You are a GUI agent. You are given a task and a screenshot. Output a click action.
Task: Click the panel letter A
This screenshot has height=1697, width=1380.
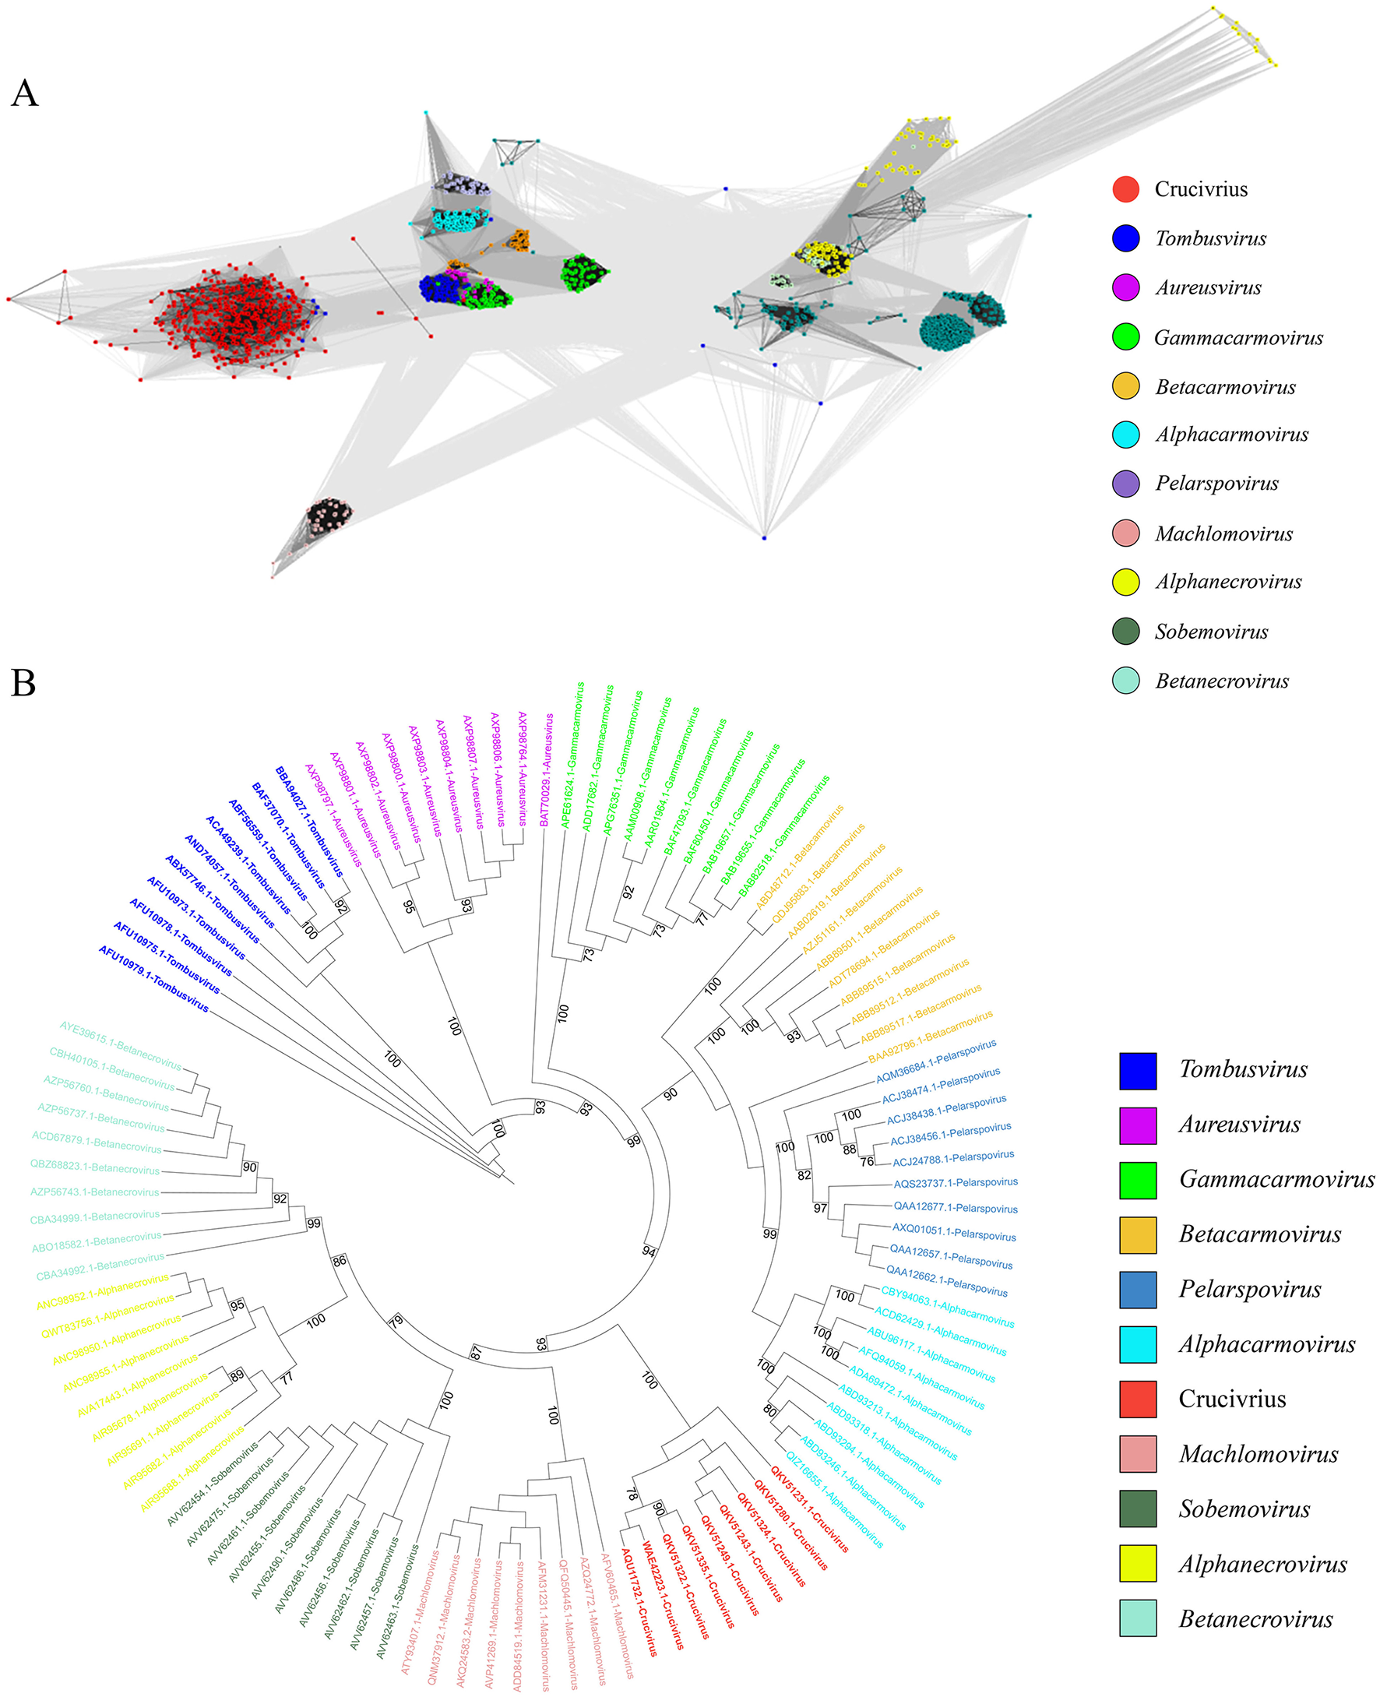coord(25,93)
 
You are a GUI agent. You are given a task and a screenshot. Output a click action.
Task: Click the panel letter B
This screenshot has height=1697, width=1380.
coord(23,683)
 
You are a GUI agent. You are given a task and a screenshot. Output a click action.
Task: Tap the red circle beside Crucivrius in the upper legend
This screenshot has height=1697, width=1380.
coord(1125,189)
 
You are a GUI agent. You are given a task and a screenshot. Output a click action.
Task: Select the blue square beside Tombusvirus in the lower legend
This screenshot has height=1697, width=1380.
coord(1138,1070)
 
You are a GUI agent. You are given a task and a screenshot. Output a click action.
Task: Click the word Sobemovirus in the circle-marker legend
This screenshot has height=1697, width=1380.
coord(1211,632)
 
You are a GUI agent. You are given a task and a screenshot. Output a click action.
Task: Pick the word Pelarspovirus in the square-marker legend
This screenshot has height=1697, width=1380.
coord(1249,1289)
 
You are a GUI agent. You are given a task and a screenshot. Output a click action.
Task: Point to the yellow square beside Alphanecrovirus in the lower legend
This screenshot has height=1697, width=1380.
coord(1138,1565)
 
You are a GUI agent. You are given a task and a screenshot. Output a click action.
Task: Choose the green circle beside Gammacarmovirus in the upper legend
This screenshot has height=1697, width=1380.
coord(1125,337)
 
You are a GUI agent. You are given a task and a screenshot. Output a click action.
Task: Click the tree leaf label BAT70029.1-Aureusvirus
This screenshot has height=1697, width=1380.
coord(547,769)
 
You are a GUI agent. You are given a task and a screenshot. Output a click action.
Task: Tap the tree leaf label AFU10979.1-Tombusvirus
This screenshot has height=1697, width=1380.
coord(153,978)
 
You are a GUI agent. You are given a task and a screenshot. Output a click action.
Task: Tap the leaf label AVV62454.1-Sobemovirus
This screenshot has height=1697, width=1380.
coord(213,1484)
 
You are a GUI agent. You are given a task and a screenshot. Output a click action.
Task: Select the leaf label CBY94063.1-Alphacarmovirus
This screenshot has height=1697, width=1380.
coord(947,1306)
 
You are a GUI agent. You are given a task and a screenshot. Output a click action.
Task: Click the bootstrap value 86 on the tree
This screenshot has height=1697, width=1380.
coord(340,1261)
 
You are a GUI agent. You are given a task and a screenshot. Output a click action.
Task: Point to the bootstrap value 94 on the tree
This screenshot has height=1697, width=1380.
coord(649,1252)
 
